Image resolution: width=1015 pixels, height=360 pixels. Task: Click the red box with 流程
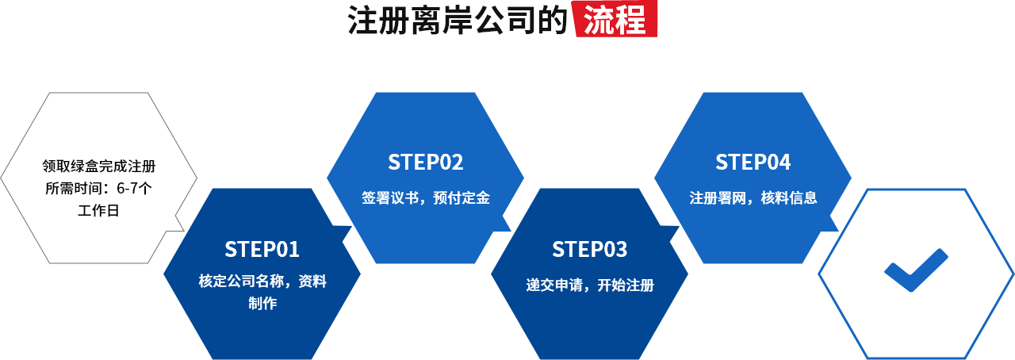pos(615,21)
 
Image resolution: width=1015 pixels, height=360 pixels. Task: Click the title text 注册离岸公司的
pos(459,21)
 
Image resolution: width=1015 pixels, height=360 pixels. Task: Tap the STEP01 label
pos(262,249)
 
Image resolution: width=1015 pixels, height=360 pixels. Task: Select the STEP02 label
pos(425,162)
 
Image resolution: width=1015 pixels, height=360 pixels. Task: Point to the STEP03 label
pos(589,249)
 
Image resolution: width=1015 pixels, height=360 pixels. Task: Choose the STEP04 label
pos(753,162)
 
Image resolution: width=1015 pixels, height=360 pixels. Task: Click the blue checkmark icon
pos(916,270)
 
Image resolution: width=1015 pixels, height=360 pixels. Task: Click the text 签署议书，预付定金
pos(425,198)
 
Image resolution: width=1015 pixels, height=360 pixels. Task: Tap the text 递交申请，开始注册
pos(589,285)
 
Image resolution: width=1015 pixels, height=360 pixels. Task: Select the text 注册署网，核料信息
pos(753,198)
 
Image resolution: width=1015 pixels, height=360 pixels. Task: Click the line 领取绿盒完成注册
pos(99,167)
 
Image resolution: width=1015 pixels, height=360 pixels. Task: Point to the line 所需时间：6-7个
pos(99,189)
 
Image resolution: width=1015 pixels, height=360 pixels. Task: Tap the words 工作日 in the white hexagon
pos(99,211)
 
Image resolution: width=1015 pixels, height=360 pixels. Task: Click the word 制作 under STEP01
pos(262,303)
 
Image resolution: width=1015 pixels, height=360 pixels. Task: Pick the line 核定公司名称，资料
pos(262,281)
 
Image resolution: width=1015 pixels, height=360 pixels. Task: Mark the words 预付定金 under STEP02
pos(461,198)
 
